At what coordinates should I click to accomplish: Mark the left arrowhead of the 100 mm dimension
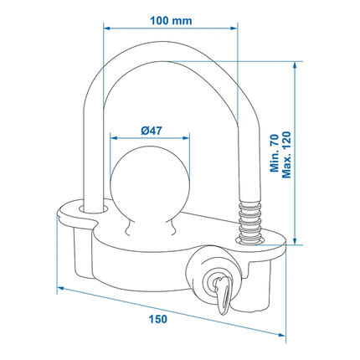coord(106,27)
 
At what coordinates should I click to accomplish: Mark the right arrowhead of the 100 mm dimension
coord(236,27)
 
